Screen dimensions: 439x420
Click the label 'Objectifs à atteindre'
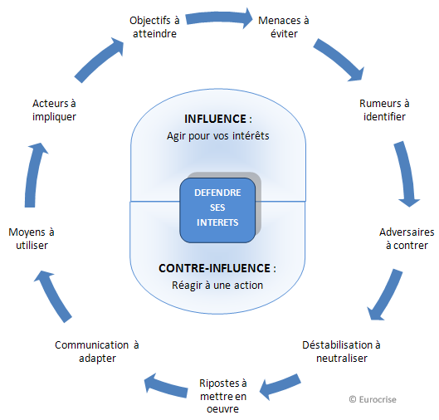click(154, 27)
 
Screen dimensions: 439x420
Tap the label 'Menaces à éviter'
click(284, 27)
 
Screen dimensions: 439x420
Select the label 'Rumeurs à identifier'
click(384, 110)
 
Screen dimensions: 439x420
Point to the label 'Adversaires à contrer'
click(407, 238)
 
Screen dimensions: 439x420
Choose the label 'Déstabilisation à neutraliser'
click(341, 351)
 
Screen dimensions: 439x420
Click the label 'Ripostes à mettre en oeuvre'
click(223, 396)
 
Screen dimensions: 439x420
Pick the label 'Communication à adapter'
click(97, 351)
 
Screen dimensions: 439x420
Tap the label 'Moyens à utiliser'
click(32, 238)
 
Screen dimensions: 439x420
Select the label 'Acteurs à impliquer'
click(54, 110)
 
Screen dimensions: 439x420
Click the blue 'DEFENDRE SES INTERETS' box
click(217, 210)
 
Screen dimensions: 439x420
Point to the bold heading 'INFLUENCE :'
click(218, 119)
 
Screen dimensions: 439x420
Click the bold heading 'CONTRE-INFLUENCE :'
click(217, 268)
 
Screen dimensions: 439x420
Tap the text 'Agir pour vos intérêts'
click(217, 136)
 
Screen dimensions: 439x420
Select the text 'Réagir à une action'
click(217, 286)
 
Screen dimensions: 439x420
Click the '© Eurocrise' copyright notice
click(373, 399)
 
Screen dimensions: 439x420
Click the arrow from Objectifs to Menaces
click(219, 18)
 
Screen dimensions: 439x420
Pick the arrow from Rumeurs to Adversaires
click(406, 174)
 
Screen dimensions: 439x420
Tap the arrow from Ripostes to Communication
click(166, 387)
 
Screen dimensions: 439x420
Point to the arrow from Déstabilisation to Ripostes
click(280, 387)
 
